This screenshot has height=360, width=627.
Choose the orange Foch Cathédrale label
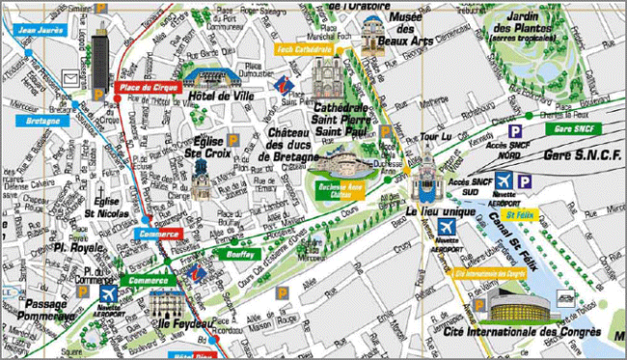click(x=305, y=48)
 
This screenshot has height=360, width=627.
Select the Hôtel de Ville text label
click(x=220, y=98)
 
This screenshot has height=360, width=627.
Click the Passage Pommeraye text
click(x=41, y=308)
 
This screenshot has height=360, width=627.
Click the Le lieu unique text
click(x=438, y=210)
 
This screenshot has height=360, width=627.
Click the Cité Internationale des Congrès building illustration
click(x=521, y=307)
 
